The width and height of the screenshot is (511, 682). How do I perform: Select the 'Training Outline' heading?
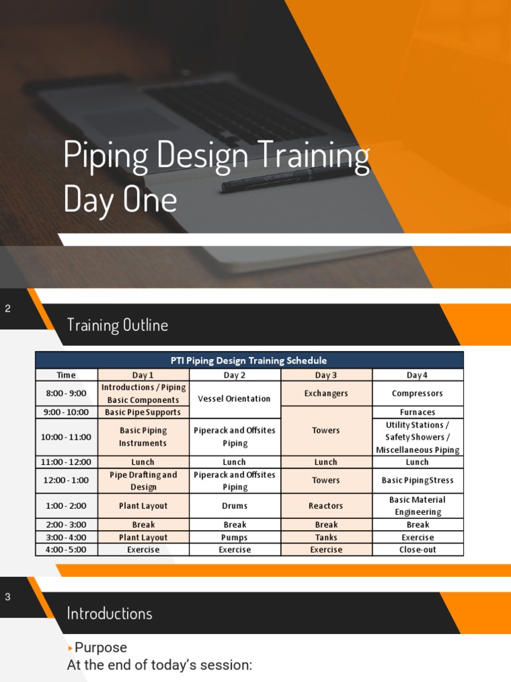tap(117, 325)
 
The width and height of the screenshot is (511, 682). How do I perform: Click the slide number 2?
tap(8, 308)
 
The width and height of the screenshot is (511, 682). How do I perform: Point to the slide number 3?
tap(8, 597)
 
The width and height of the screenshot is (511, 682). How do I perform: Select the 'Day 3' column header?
tap(326, 375)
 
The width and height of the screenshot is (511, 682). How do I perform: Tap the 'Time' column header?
tap(67, 375)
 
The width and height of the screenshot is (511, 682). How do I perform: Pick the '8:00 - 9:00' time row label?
tap(67, 394)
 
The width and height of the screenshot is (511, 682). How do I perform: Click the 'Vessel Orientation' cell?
tap(234, 399)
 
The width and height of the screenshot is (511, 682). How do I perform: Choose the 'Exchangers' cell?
tap(326, 394)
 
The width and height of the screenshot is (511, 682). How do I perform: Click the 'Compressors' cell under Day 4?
tap(417, 394)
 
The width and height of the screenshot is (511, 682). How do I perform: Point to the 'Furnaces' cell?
tap(417, 412)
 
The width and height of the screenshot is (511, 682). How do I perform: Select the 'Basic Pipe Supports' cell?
tap(143, 412)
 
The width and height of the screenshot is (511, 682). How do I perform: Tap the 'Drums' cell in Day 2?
tap(234, 506)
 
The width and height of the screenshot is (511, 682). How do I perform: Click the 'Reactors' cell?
tap(326, 506)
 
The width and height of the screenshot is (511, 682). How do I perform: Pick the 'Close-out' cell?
tap(417, 549)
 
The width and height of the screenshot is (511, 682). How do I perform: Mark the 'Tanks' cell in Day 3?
tap(326, 537)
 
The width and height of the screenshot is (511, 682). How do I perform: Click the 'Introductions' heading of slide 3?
tap(110, 613)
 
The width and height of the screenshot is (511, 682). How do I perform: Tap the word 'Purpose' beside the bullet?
tap(100, 647)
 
